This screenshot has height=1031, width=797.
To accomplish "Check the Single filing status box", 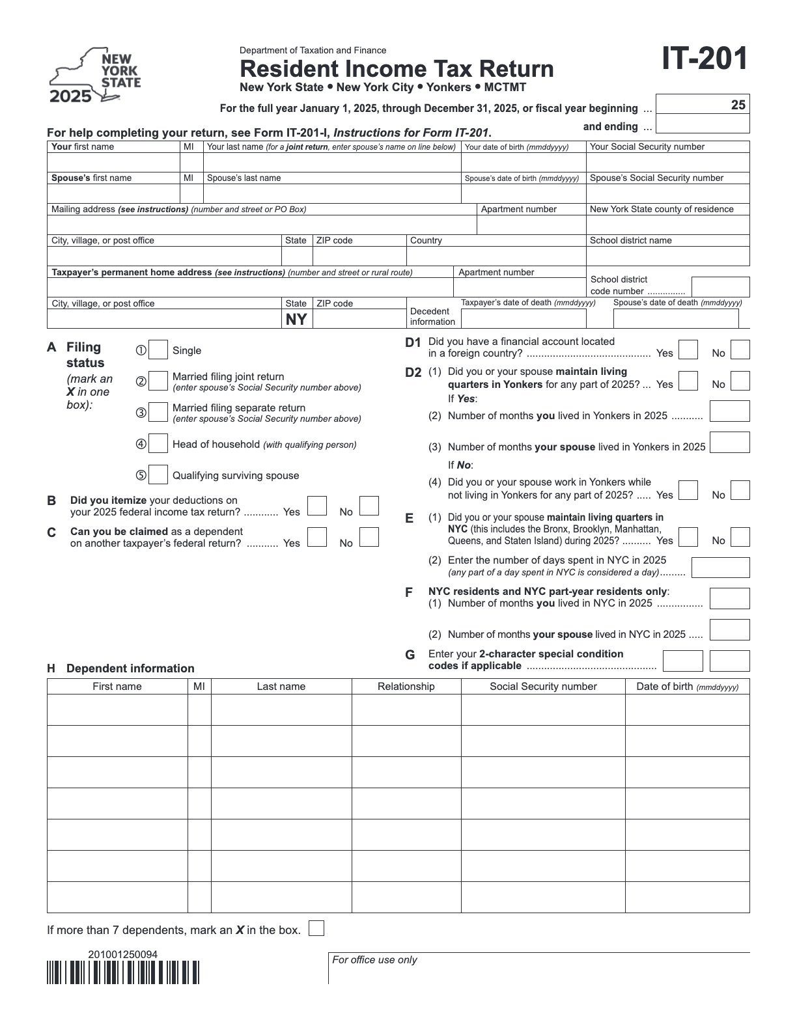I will (158, 350).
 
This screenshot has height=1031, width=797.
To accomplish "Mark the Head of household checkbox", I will (158, 444).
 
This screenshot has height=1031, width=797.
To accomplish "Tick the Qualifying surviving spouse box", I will (158, 475).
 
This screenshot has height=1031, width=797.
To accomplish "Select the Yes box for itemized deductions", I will (317, 506).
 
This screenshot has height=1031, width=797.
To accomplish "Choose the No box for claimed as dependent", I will (369, 537).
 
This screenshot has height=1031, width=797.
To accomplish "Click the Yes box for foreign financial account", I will (688, 350).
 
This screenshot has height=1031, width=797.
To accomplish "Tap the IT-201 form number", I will (705, 59).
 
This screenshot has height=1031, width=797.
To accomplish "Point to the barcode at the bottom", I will (123, 972).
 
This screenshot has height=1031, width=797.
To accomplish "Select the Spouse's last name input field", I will (332, 193).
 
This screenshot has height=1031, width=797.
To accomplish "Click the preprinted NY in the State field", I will (296, 319).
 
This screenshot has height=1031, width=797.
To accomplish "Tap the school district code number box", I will (720, 287).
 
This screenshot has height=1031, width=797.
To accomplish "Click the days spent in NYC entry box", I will (720, 568).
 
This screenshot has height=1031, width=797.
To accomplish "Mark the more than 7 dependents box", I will (316, 928).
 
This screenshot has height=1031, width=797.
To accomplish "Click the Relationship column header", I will (406, 686).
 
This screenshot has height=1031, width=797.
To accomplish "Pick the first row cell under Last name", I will (281, 709).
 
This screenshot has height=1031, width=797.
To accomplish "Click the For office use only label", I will (374, 959).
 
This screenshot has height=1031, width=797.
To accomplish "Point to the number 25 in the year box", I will (738, 105).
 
